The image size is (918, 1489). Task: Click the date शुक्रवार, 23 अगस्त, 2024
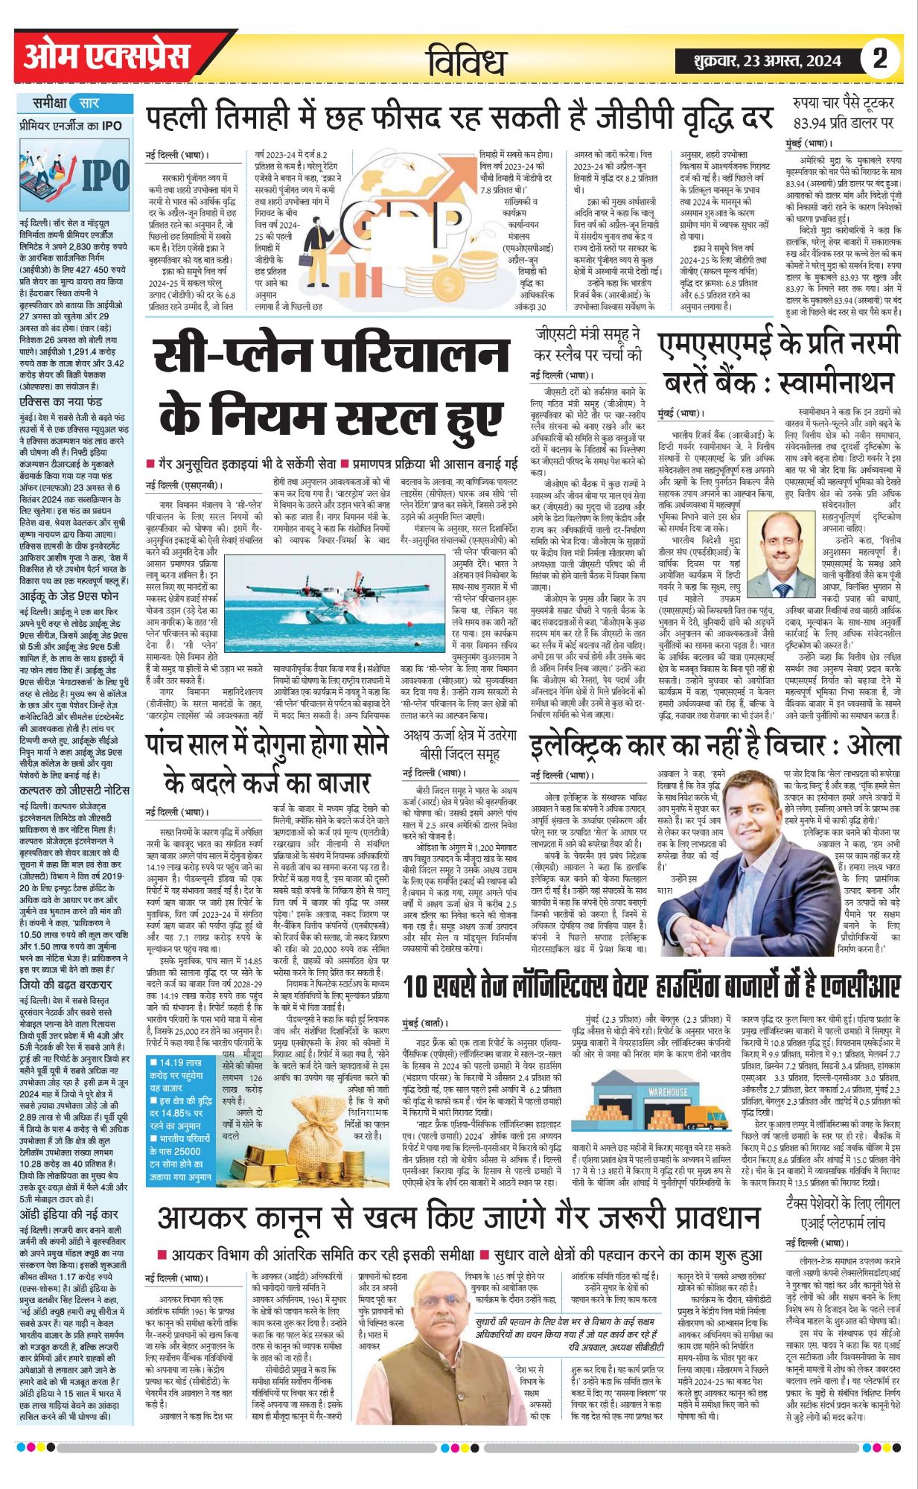coord(766,60)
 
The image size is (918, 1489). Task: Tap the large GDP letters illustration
coord(406,223)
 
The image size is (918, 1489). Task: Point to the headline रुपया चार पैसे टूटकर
coord(844,112)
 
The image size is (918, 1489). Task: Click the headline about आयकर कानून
coord(458,1218)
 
